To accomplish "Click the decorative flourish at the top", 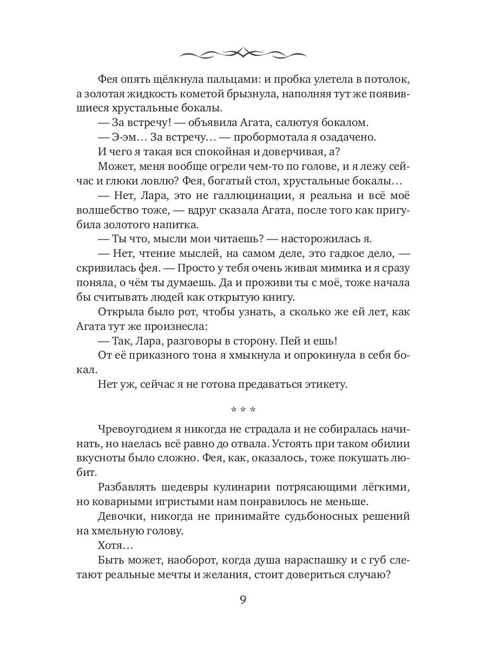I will click(x=243, y=53).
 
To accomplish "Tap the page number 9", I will click(x=243, y=601).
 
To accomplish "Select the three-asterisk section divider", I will click(x=243, y=409).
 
